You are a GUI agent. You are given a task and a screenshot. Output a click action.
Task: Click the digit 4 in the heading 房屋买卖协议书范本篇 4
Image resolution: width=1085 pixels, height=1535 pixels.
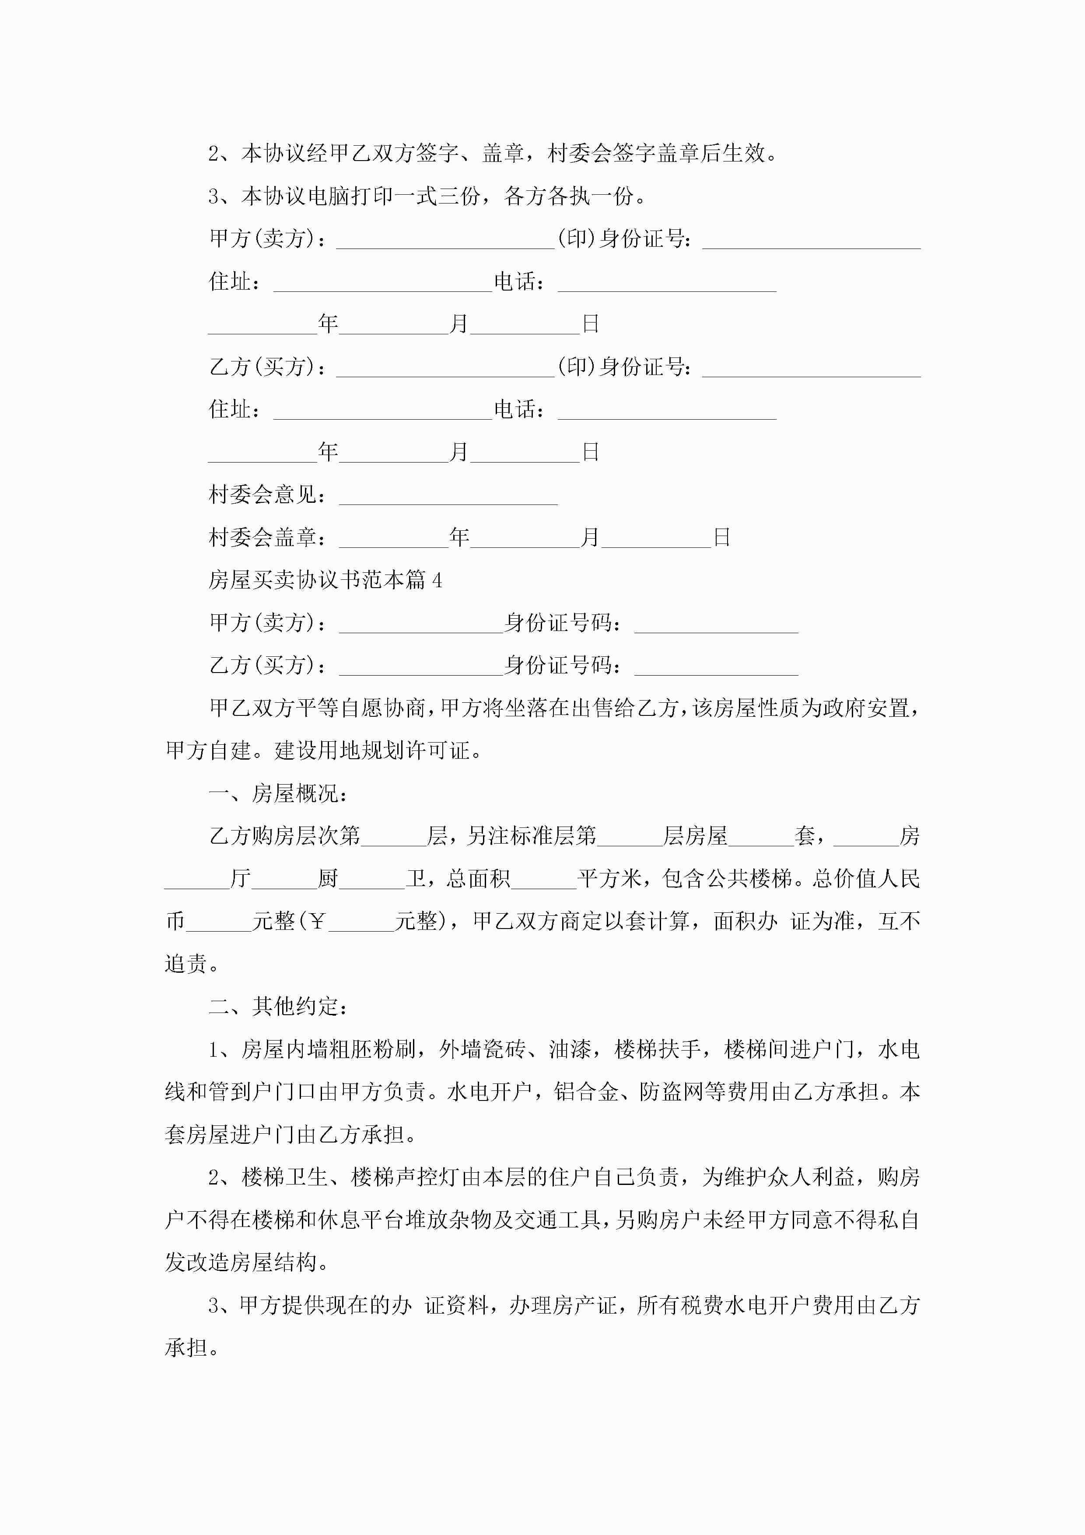coord(437,580)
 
